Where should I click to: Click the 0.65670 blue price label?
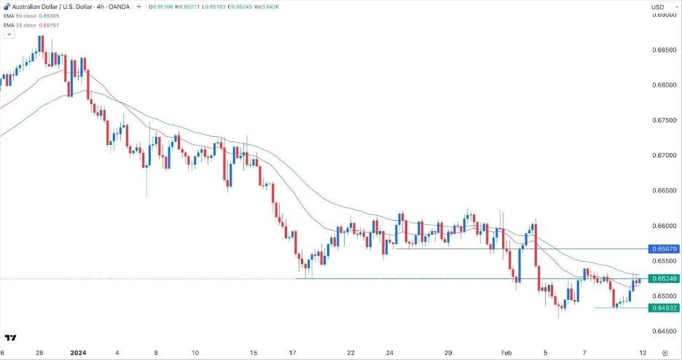coord(664,249)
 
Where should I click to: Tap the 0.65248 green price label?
coord(664,278)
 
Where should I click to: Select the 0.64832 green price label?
coord(664,308)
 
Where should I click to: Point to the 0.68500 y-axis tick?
coord(664,50)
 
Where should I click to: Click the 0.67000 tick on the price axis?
coord(664,156)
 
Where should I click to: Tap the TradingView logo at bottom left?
coord(11,337)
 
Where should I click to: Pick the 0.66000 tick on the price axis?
coord(664,226)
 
